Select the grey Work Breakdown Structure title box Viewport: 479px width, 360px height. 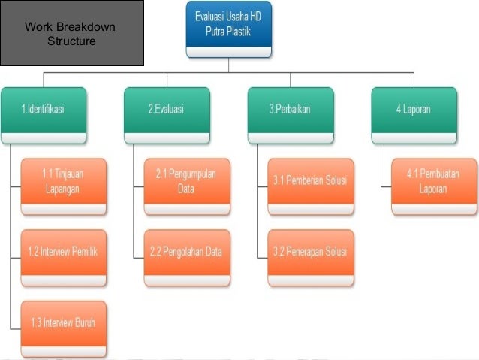pos(72,34)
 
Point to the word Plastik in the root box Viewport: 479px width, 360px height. pos(247,32)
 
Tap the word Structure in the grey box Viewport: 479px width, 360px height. pos(71,41)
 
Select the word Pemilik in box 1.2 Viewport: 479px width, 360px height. pos(83,252)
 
